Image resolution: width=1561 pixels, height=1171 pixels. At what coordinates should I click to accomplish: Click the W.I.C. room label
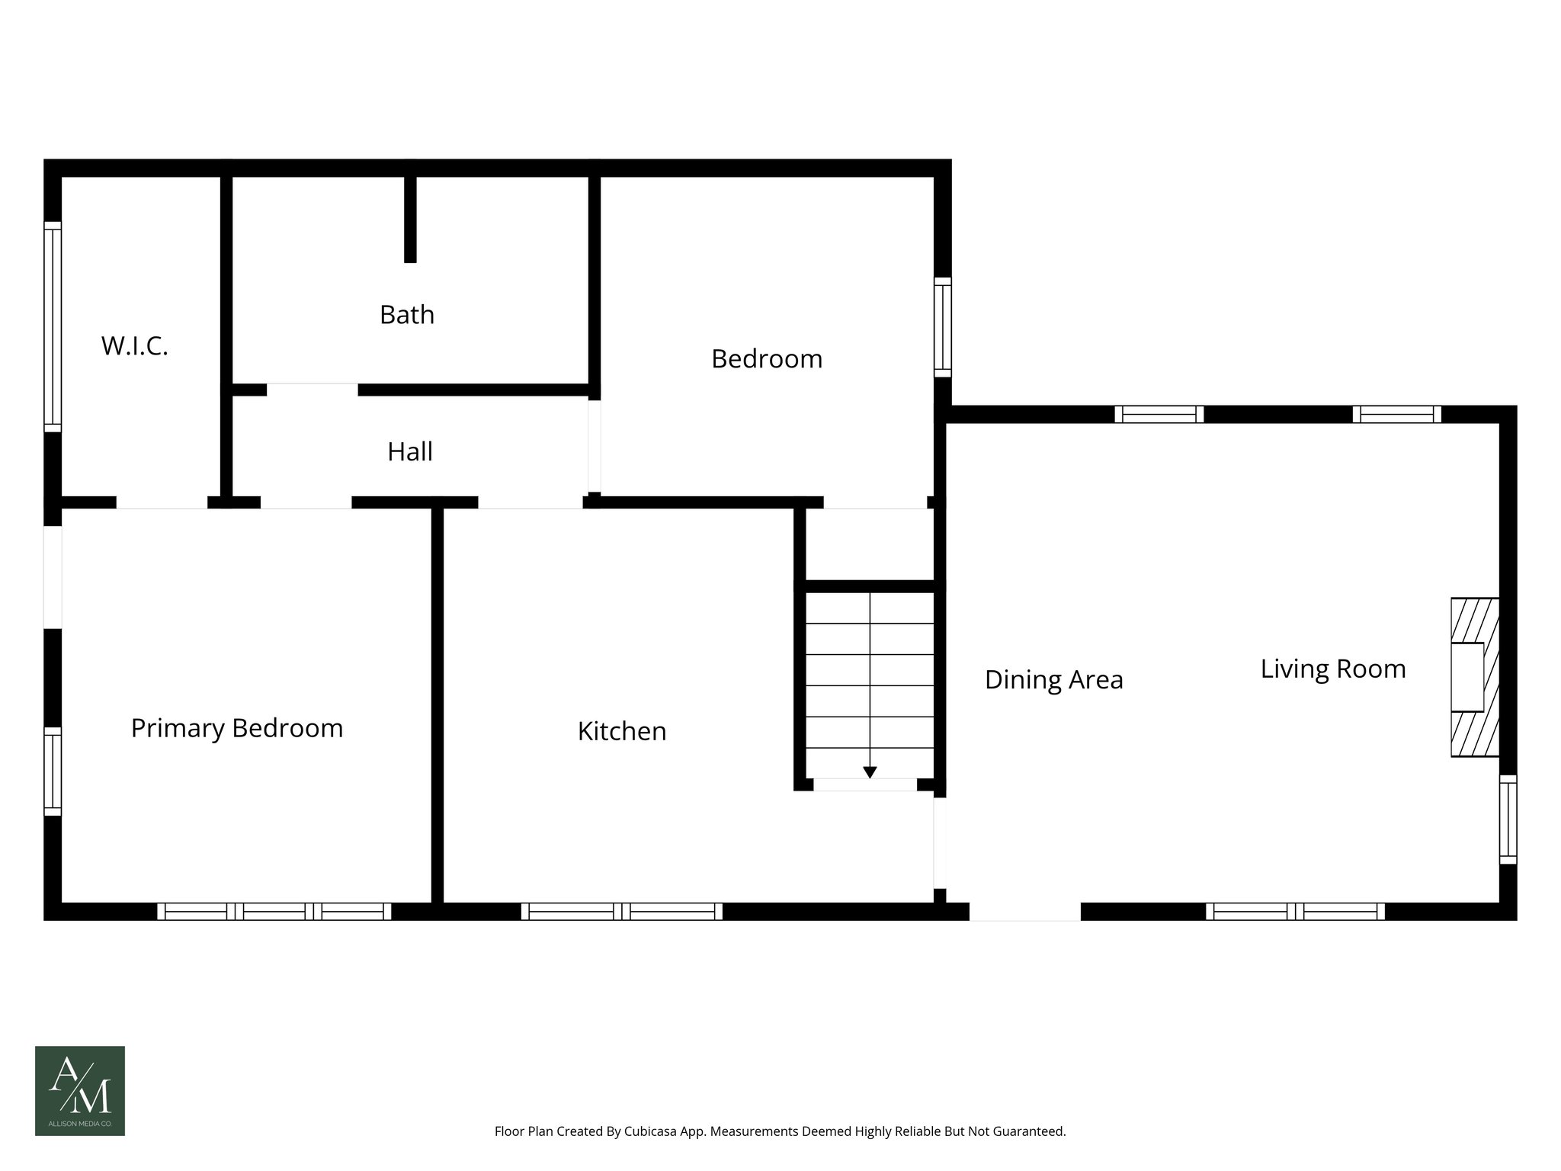134,346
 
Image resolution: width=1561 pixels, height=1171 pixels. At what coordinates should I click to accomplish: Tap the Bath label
407,314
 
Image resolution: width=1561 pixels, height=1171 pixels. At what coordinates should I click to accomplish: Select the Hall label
410,451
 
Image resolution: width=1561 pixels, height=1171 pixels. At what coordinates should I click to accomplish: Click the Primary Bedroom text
237,728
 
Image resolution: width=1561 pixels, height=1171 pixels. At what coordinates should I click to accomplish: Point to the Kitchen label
622,731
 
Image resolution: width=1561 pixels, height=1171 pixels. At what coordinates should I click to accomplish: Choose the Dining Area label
1053,679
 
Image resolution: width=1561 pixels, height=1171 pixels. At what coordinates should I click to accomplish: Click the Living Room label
1332,669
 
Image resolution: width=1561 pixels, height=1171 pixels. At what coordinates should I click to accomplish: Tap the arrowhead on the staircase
870,772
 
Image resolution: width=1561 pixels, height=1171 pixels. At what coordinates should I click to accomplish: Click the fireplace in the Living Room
1474,677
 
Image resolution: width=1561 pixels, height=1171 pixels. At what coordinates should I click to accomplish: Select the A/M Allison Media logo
80,1090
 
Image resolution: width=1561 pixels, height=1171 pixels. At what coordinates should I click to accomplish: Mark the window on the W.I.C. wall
52,326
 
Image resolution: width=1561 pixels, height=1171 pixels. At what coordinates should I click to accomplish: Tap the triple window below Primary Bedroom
274,911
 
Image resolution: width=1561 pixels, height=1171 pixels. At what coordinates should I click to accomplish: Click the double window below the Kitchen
622,911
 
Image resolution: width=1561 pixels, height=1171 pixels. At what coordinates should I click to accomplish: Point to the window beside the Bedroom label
943,326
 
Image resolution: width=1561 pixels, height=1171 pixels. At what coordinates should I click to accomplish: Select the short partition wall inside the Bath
410,219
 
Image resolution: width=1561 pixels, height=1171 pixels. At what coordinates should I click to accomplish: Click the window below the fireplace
1508,819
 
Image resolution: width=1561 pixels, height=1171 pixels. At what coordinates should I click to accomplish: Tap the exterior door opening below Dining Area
1024,912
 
